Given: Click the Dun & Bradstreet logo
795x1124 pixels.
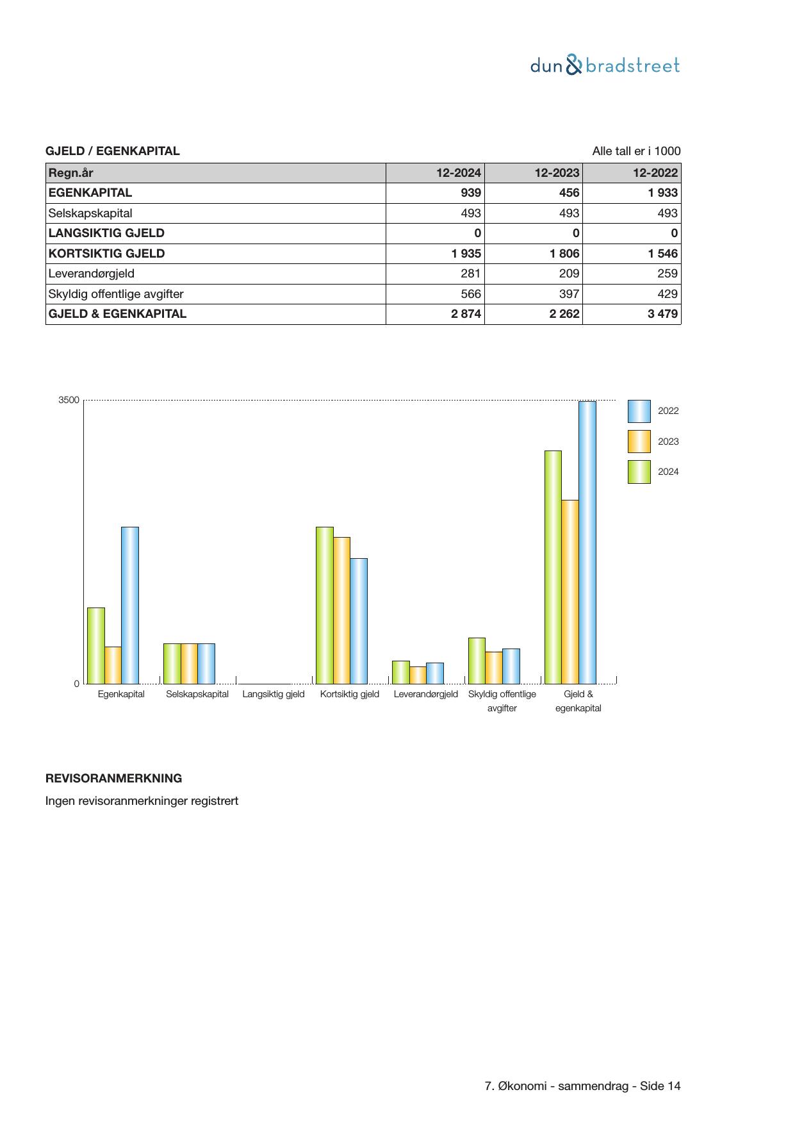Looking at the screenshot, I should click(605, 65).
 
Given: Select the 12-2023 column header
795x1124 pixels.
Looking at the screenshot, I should click(557, 173).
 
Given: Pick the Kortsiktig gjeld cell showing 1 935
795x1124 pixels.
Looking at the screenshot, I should click(466, 254).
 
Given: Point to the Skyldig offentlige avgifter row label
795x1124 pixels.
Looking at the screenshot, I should click(116, 294).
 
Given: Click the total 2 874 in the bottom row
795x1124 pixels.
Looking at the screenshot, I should click(466, 314).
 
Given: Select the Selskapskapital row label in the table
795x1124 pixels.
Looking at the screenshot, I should click(90, 213).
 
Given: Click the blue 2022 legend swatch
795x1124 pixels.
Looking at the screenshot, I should click(639, 411).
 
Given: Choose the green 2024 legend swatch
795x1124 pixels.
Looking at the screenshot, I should click(639, 472).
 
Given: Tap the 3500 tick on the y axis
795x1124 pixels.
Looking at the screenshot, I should click(69, 400).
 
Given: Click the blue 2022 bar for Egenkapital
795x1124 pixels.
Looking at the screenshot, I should click(130, 605).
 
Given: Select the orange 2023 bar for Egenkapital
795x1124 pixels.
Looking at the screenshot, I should click(113, 665).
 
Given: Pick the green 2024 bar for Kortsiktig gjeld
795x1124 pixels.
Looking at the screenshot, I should click(324, 605).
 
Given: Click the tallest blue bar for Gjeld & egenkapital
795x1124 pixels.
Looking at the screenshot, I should click(587, 542).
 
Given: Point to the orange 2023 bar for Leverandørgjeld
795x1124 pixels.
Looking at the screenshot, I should click(418, 675).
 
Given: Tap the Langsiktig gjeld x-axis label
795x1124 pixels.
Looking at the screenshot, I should click(274, 694).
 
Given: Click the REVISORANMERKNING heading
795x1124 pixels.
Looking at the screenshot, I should click(114, 779).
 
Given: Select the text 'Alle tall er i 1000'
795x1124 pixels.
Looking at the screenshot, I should click(636, 151).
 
